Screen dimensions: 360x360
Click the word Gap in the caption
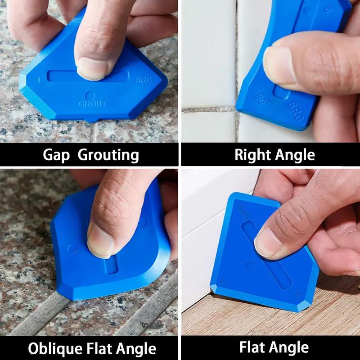(x=57, y=155)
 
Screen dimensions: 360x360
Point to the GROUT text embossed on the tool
(x=93, y=103)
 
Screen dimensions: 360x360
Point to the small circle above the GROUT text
(x=90, y=95)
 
